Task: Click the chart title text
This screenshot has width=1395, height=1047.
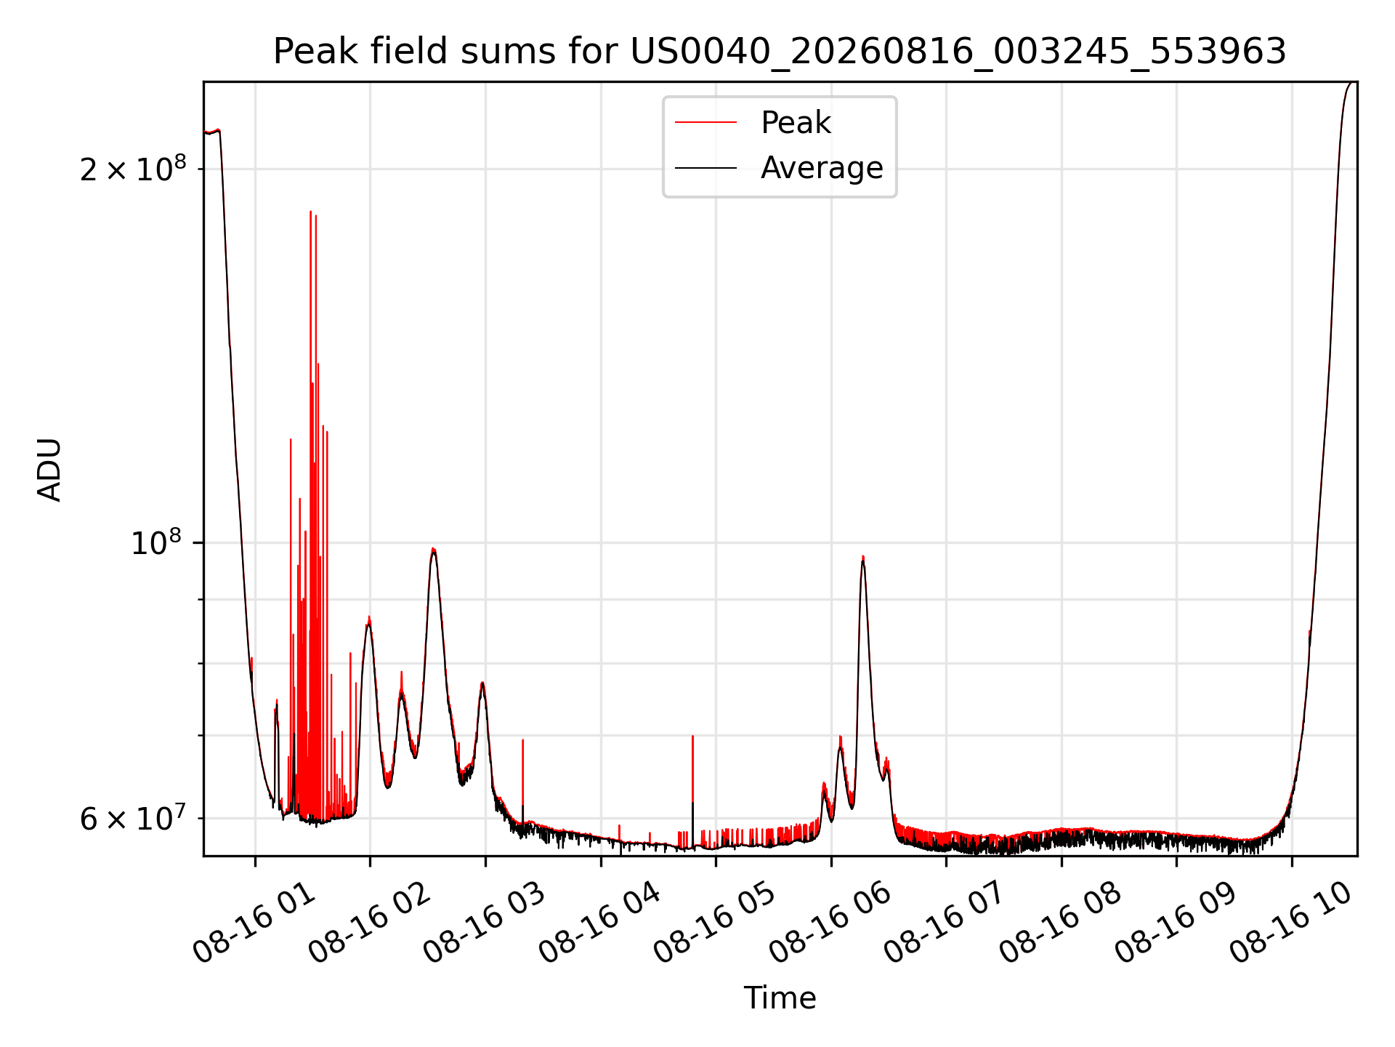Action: (x=780, y=52)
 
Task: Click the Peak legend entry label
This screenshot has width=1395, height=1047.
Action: (x=796, y=123)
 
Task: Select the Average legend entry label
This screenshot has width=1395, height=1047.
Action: (x=822, y=168)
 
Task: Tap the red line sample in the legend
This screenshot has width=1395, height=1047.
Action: (x=705, y=123)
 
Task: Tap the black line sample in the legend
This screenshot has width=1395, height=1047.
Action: (x=705, y=168)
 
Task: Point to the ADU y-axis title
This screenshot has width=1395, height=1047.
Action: (x=49, y=470)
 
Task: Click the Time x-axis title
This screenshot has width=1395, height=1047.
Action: (x=780, y=998)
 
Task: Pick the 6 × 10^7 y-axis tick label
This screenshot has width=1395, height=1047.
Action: (x=133, y=818)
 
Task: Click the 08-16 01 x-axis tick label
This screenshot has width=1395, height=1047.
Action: (x=255, y=923)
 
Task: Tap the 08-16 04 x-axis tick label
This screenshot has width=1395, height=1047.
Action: (x=601, y=923)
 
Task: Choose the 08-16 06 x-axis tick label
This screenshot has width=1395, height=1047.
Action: (x=831, y=923)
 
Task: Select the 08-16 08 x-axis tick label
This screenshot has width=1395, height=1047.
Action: (x=1062, y=923)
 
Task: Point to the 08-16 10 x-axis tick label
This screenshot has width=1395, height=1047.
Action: (x=1292, y=923)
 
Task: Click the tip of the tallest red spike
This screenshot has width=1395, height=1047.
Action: (x=310, y=212)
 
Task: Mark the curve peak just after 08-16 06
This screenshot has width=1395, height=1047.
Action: (x=862, y=557)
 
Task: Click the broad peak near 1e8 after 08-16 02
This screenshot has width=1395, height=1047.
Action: (x=433, y=549)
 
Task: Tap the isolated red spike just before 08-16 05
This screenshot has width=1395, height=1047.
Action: (x=692, y=736)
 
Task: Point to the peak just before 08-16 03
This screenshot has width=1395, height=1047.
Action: (x=482, y=683)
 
